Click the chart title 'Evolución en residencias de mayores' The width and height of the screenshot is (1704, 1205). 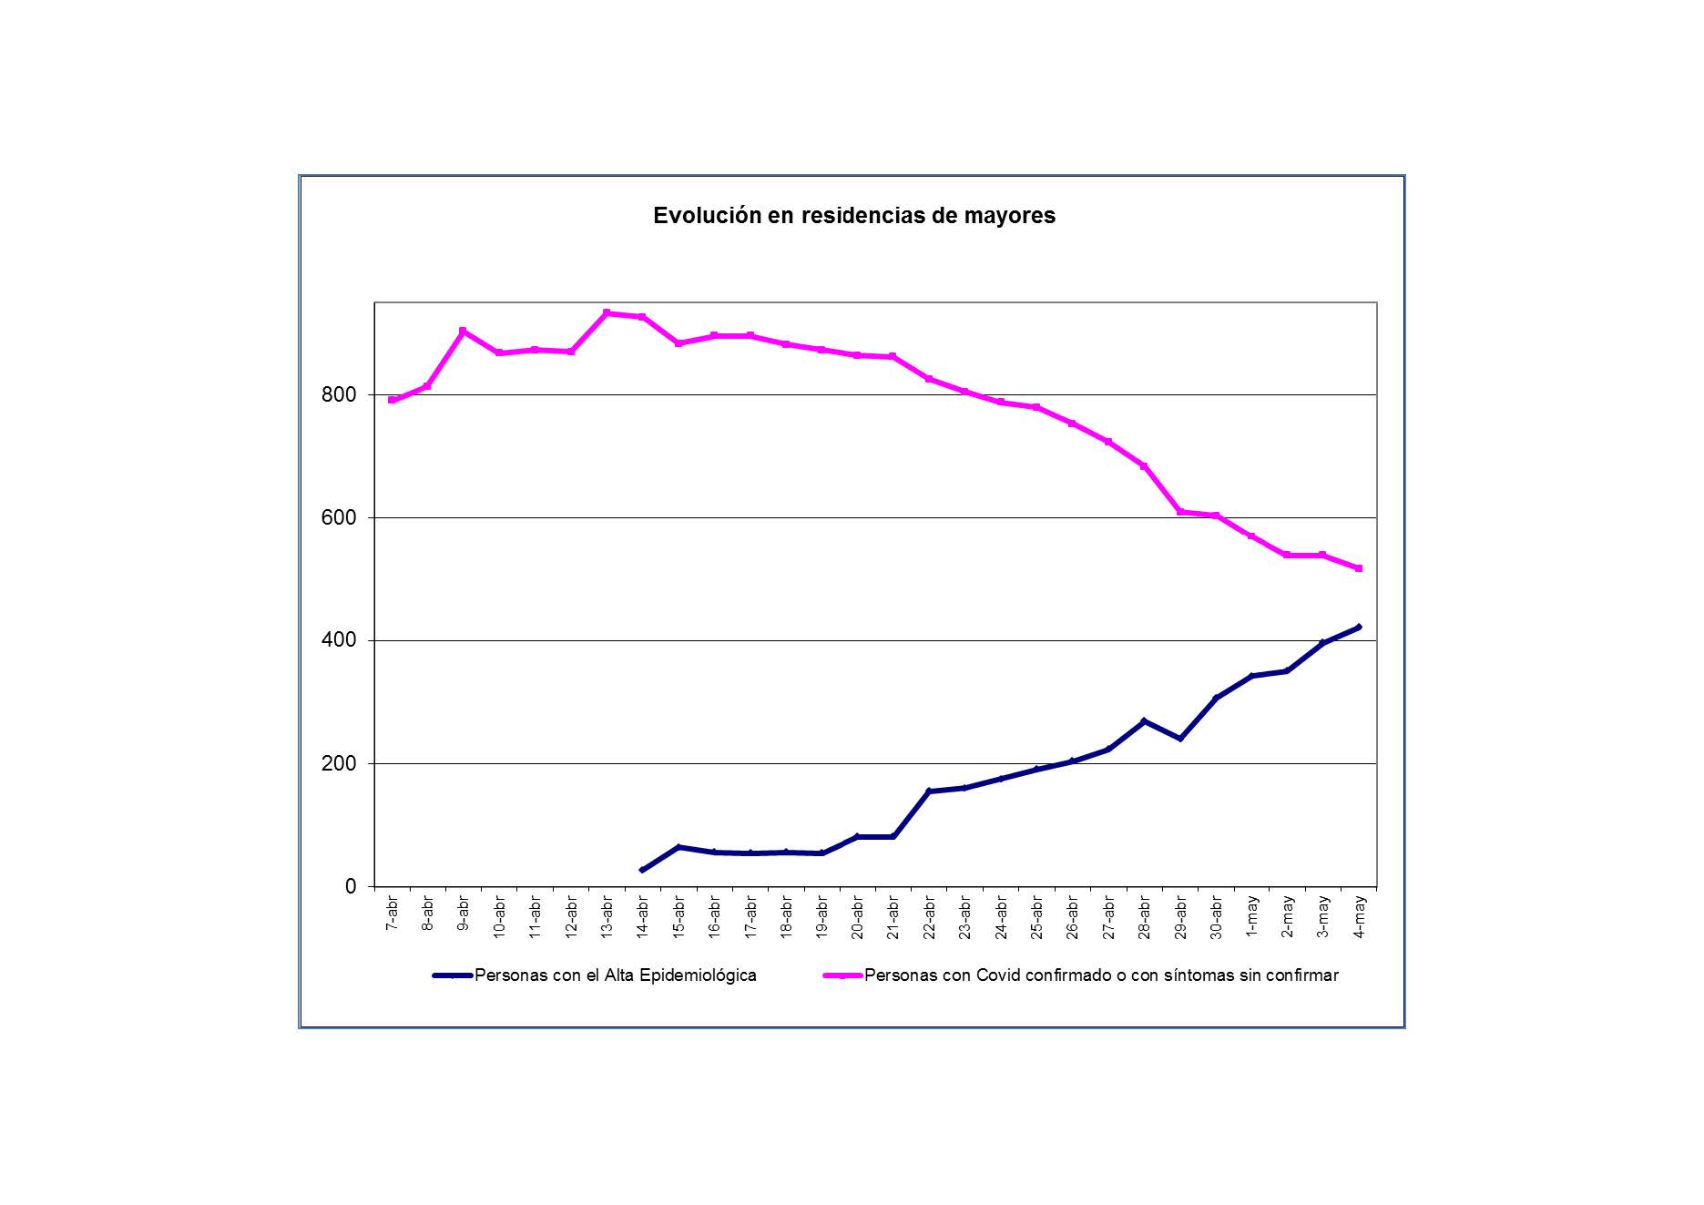click(x=853, y=216)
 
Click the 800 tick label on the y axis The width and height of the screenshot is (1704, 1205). click(x=338, y=395)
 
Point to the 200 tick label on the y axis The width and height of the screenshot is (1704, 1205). click(x=338, y=764)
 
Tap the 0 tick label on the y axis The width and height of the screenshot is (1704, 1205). click(x=351, y=887)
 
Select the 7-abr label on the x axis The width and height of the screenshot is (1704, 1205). click(x=393, y=913)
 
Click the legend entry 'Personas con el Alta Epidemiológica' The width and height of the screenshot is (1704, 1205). click(x=615, y=975)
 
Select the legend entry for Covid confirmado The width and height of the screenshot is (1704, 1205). click(x=1100, y=975)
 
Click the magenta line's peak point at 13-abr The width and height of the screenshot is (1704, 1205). click(x=607, y=313)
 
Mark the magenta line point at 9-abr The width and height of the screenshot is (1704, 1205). click(x=464, y=332)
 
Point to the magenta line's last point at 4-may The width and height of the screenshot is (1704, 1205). click(x=1359, y=568)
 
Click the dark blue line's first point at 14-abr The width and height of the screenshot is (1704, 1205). click(x=643, y=870)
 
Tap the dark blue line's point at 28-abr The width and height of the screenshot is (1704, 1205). click(x=1144, y=721)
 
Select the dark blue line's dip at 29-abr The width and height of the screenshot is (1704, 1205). click(x=1180, y=738)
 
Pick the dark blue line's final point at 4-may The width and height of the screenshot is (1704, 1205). click(x=1359, y=627)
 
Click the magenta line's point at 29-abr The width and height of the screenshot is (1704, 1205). click(x=1180, y=512)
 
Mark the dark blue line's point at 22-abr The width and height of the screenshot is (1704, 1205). click(x=929, y=791)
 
